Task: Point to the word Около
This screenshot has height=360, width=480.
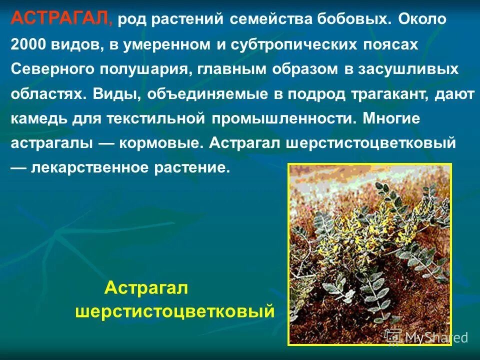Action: [x=425, y=20]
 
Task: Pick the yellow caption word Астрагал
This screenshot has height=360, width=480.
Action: [x=146, y=288]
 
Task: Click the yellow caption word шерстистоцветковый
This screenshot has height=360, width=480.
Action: [x=175, y=312]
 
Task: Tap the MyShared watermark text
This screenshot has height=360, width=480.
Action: [x=436, y=337]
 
